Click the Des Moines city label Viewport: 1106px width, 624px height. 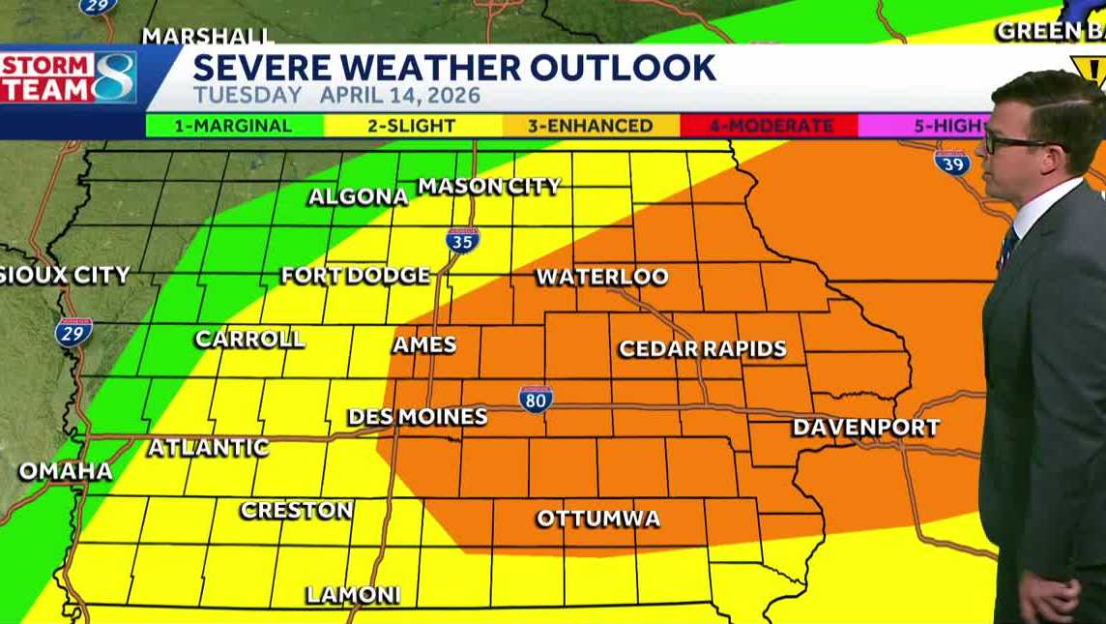[417, 417]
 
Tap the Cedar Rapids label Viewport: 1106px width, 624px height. [703, 349]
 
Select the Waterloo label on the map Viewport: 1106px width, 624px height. [602, 277]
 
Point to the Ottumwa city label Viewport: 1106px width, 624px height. [598, 519]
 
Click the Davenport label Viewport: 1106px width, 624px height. [865, 427]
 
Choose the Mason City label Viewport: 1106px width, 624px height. [489, 186]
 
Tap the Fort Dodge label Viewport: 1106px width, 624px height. [356, 276]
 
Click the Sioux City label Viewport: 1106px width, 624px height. [64, 275]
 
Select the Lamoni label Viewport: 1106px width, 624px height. [353, 595]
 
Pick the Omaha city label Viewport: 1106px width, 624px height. [66, 472]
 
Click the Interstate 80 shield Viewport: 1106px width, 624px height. [536, 399]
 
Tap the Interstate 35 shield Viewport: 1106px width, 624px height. [462, 240]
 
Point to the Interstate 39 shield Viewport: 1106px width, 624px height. [952, 161]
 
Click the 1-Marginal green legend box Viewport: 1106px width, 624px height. [234, 126]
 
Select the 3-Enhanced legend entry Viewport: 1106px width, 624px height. [590, 126]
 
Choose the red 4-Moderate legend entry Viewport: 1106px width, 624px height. [769, 126]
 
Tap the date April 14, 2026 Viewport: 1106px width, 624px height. [400, 97]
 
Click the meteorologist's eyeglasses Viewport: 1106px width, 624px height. [1015, 143]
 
